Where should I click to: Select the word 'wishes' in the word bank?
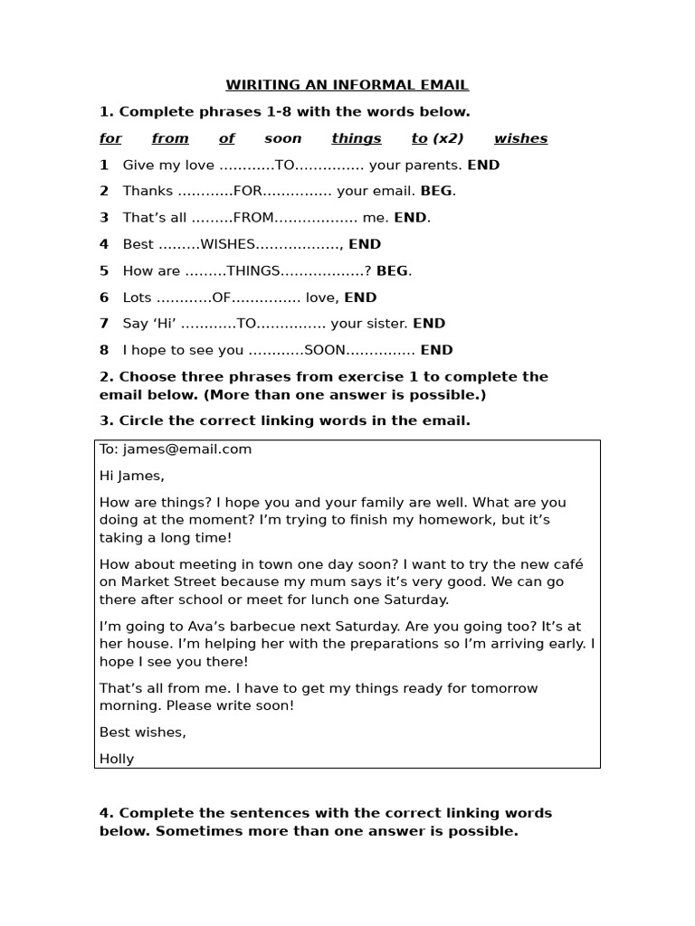520,138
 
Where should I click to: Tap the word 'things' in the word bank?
357,138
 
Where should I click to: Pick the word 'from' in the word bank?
170,138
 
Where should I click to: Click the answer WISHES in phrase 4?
229,244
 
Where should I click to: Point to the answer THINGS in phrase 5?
256,270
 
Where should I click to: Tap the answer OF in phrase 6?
223,298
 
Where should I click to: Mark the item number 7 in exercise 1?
104,324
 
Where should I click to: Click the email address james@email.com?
187,449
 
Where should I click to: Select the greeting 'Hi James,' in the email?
132,476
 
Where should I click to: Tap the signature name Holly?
117,759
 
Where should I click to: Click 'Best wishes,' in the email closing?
143,732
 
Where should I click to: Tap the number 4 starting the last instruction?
104,813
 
